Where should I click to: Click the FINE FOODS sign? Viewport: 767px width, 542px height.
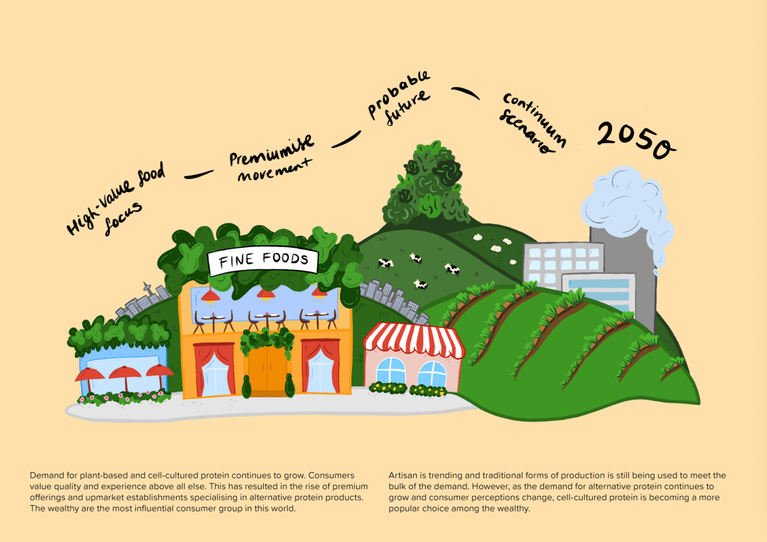pos(263,261)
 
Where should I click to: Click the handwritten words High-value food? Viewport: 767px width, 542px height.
pos(117,197)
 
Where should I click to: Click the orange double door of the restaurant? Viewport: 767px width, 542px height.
pos(268,369)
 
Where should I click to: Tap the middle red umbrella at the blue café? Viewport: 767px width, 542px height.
pos(125,375)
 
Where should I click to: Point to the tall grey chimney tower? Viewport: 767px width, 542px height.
pos(626,280)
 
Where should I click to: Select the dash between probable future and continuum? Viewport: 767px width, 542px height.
pos(466,93)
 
